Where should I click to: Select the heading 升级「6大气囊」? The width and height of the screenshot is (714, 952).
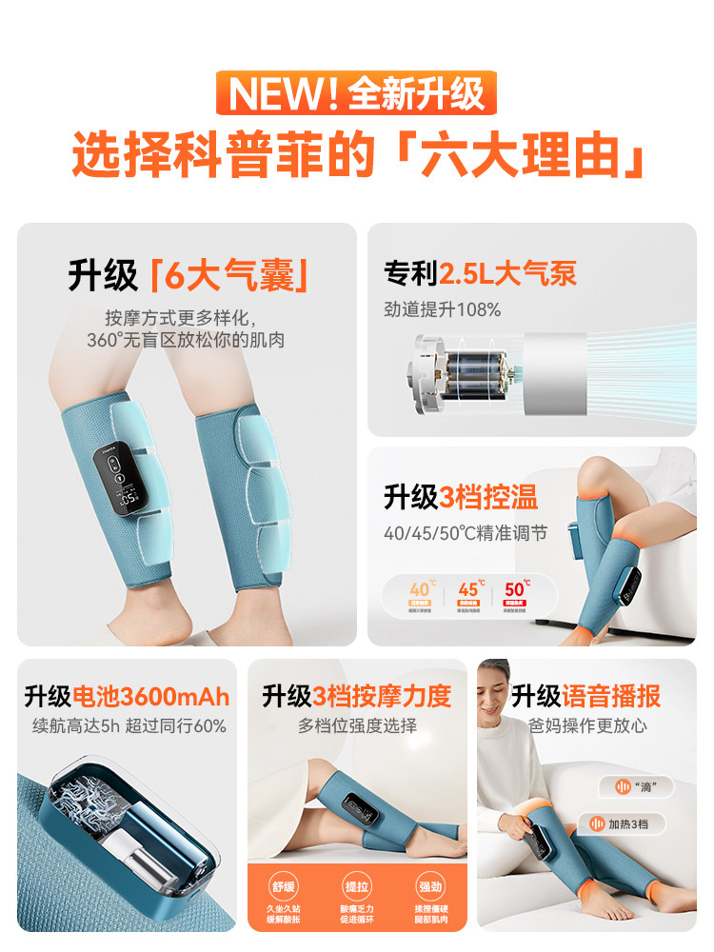[188, 275]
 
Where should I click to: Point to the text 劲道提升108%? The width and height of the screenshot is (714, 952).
[442, 309]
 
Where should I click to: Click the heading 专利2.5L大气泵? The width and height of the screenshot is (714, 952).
[480, 274]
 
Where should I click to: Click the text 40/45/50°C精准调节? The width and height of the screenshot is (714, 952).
[466, 533]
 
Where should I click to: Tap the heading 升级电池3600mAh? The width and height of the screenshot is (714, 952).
[125, 696]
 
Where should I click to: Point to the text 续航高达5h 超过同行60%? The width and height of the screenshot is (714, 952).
[125, 726]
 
